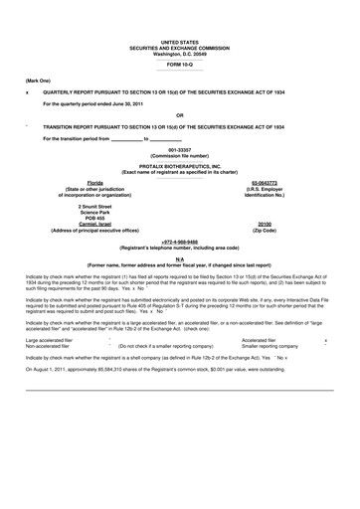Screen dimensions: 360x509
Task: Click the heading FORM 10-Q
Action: click(x=179, y=64)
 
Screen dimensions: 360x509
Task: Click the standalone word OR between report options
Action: click(x=179, y=113)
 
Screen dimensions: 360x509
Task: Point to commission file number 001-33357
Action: click(x=179, y=150)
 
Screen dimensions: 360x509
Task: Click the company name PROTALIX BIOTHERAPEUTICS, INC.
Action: click(x=179, y=165)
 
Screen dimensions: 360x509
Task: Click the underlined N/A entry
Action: click(x=179, y=258)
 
